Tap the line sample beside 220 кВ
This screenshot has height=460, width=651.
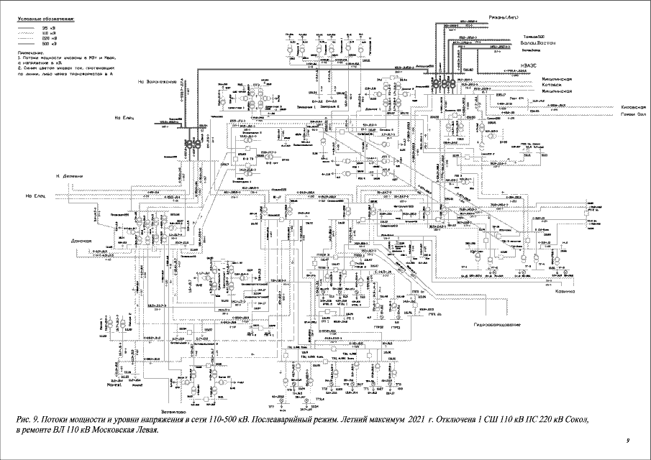click(28, 37)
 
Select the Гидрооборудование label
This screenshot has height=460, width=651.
click(496, 325)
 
